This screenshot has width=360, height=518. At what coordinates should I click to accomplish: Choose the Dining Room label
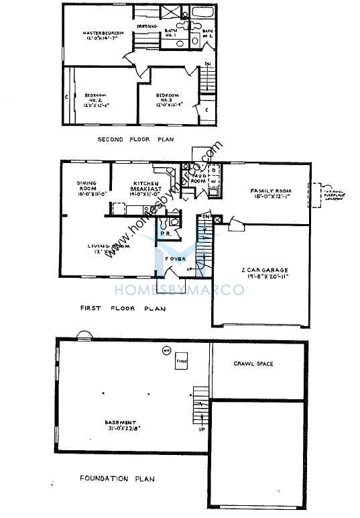tap(90, 186)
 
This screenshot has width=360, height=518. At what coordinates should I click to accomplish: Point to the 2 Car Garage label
tap(263, 274)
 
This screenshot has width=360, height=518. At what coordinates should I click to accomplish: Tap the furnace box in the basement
tap(180, 362)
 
